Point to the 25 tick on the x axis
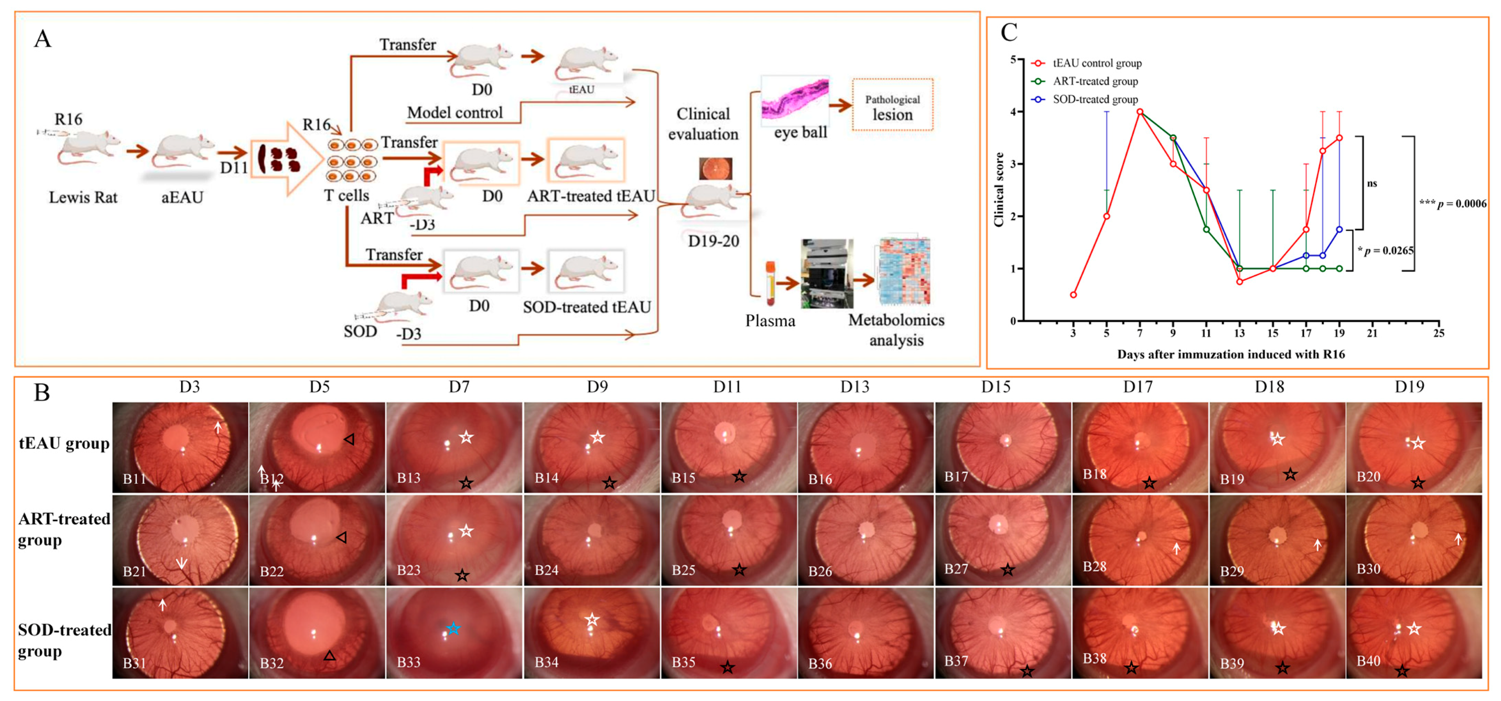(1439, 333)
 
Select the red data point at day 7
(1140, 112)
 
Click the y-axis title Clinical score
(999, 189)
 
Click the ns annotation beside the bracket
(1372, 184)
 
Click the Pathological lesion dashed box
(892, 105)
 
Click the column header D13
(854, 387)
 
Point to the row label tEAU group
(64, 444)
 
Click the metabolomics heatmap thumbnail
(904, 271)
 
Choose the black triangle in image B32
(330, 656)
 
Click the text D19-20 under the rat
(713, 241)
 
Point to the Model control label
(455, 113)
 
